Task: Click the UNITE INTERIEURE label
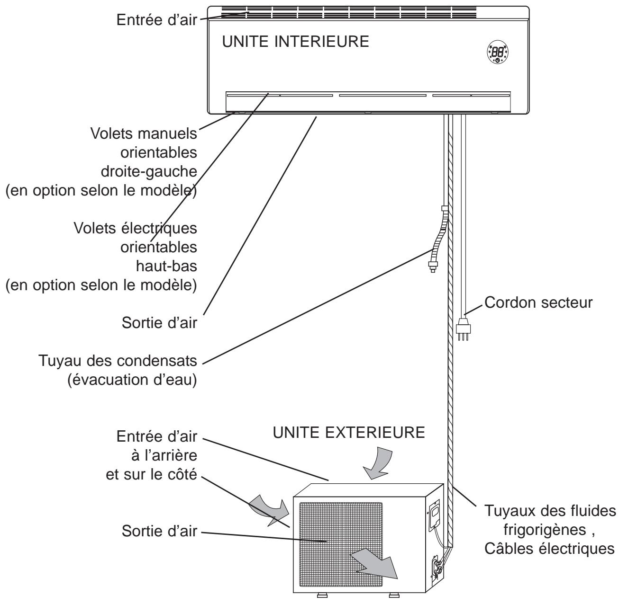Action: [x=296, y=42]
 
